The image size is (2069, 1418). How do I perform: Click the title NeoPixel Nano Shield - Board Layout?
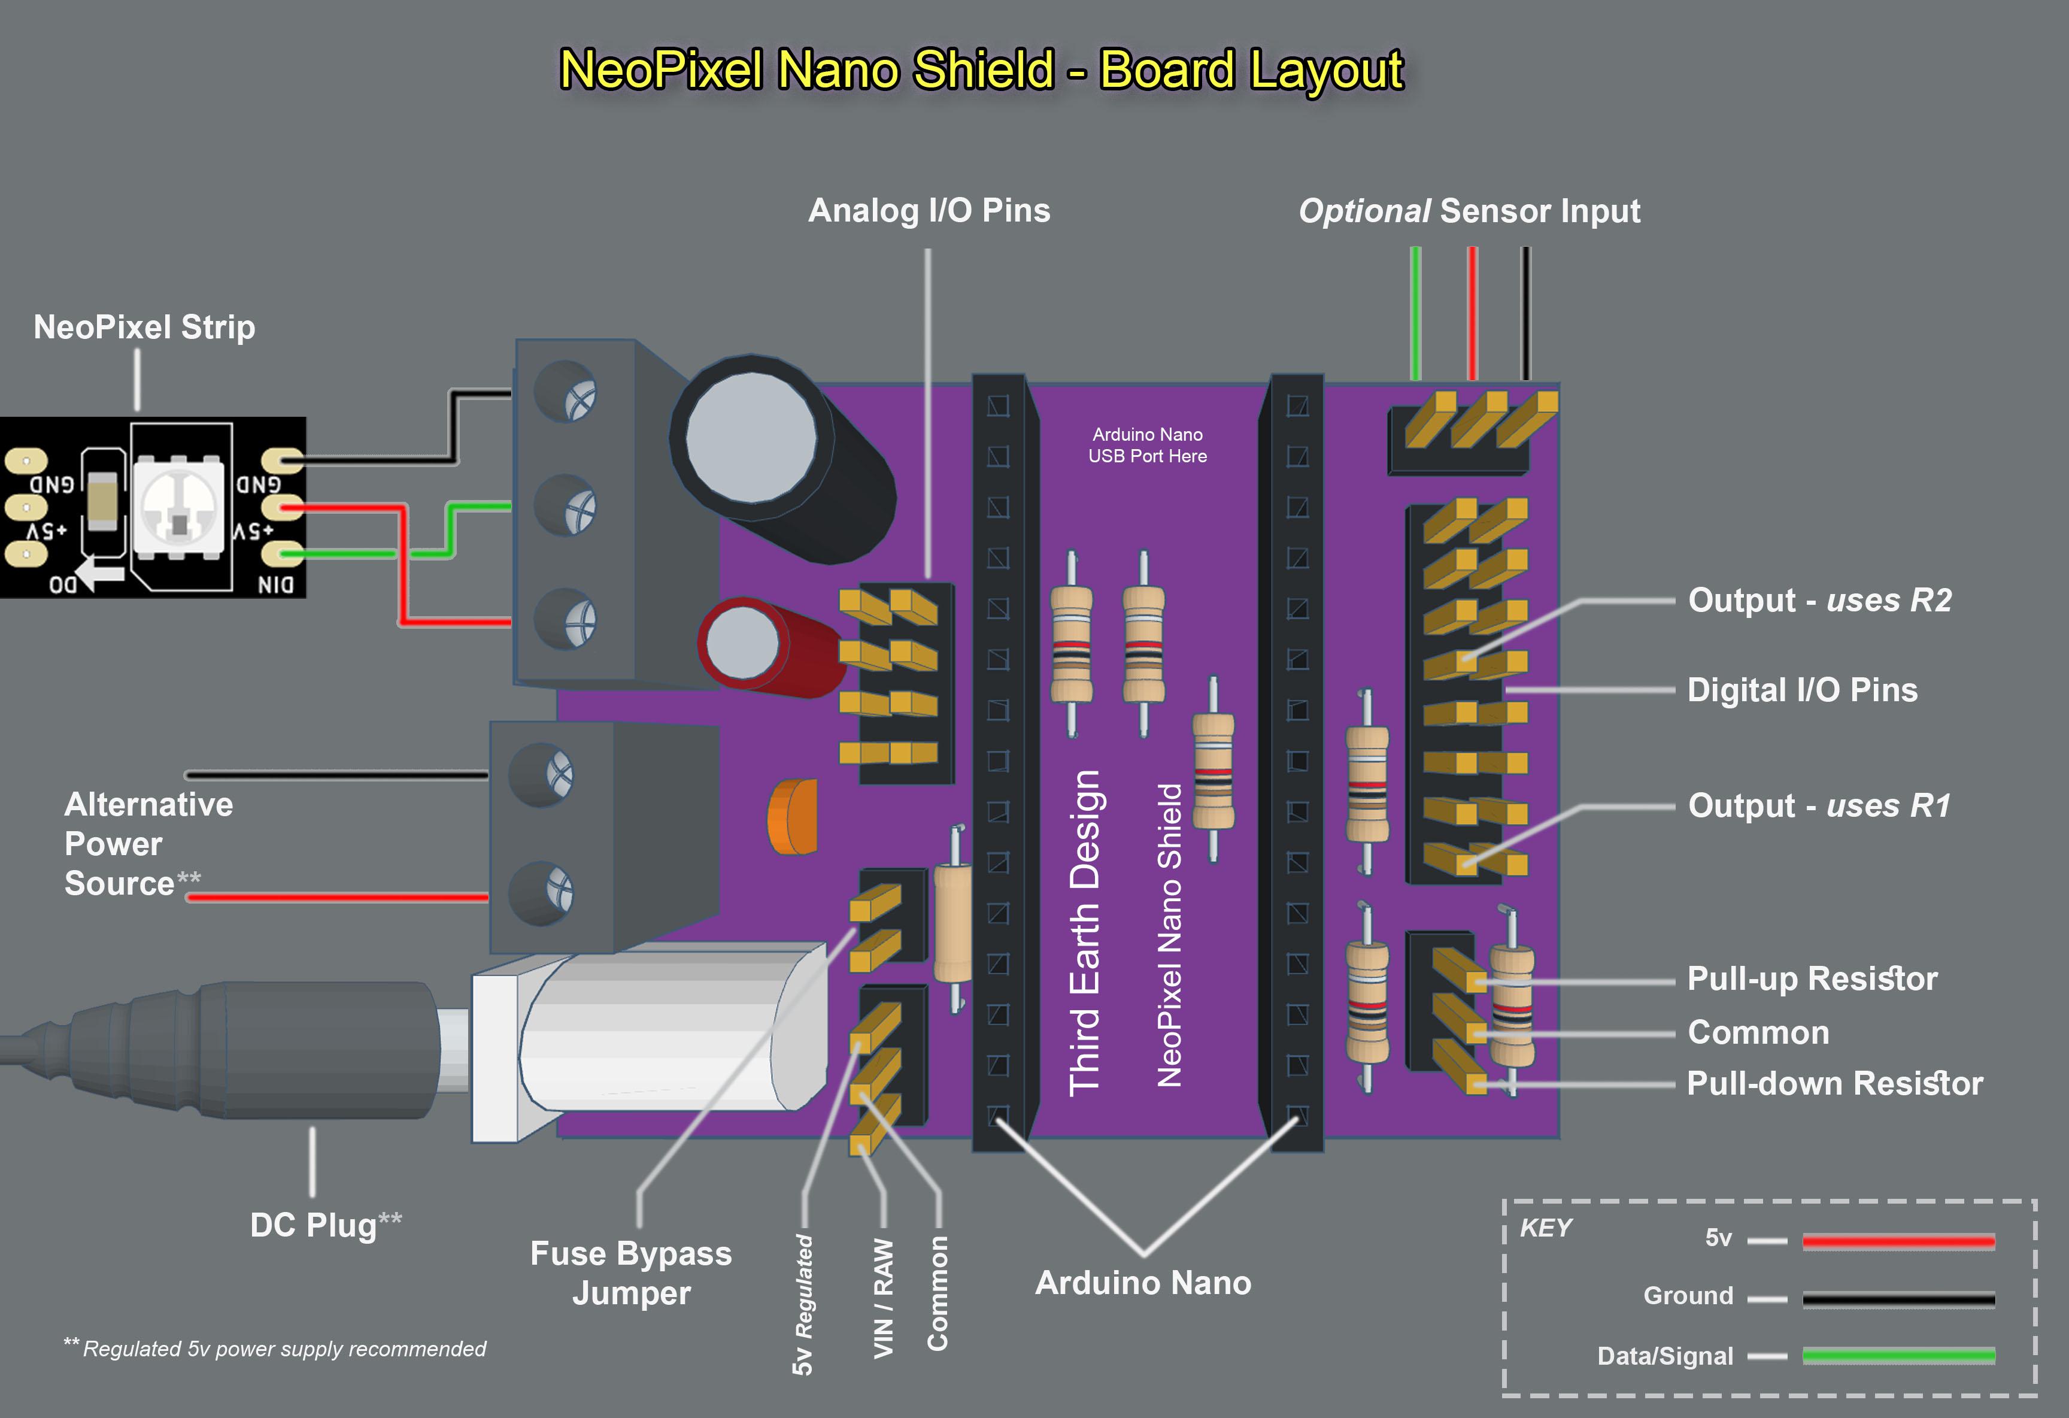[x=981, y=69]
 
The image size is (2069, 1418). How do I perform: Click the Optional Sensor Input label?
[x=1469, y=211]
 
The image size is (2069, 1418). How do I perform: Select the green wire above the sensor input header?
[x=1415, y=312]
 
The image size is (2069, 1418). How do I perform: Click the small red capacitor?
[x=757, y=643]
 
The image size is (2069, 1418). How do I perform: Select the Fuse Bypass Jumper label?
[x=630, y=1273]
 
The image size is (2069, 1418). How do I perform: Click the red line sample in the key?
[x=1898, y=1241]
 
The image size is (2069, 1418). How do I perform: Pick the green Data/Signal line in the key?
[x=1898, y=1356]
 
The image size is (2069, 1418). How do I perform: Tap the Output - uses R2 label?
[x=1819, y=601]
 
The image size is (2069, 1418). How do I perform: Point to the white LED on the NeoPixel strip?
[x=181, y=510]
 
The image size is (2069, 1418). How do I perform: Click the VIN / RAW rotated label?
[x=882, y=1298]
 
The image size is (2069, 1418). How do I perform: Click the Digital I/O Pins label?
[x=1802, y=690]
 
